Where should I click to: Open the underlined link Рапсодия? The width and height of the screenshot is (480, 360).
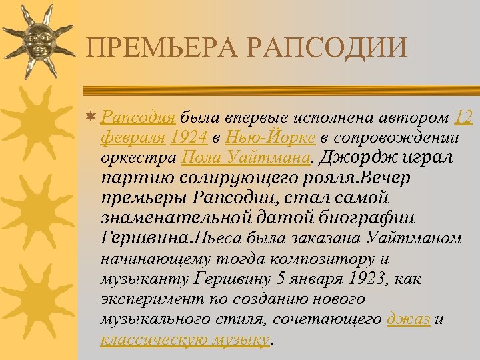138,119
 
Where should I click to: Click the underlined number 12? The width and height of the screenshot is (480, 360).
463,119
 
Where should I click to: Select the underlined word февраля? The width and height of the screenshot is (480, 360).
132,138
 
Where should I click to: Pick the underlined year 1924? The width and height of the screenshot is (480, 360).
189,138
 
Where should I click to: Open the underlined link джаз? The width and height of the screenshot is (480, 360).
409,319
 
